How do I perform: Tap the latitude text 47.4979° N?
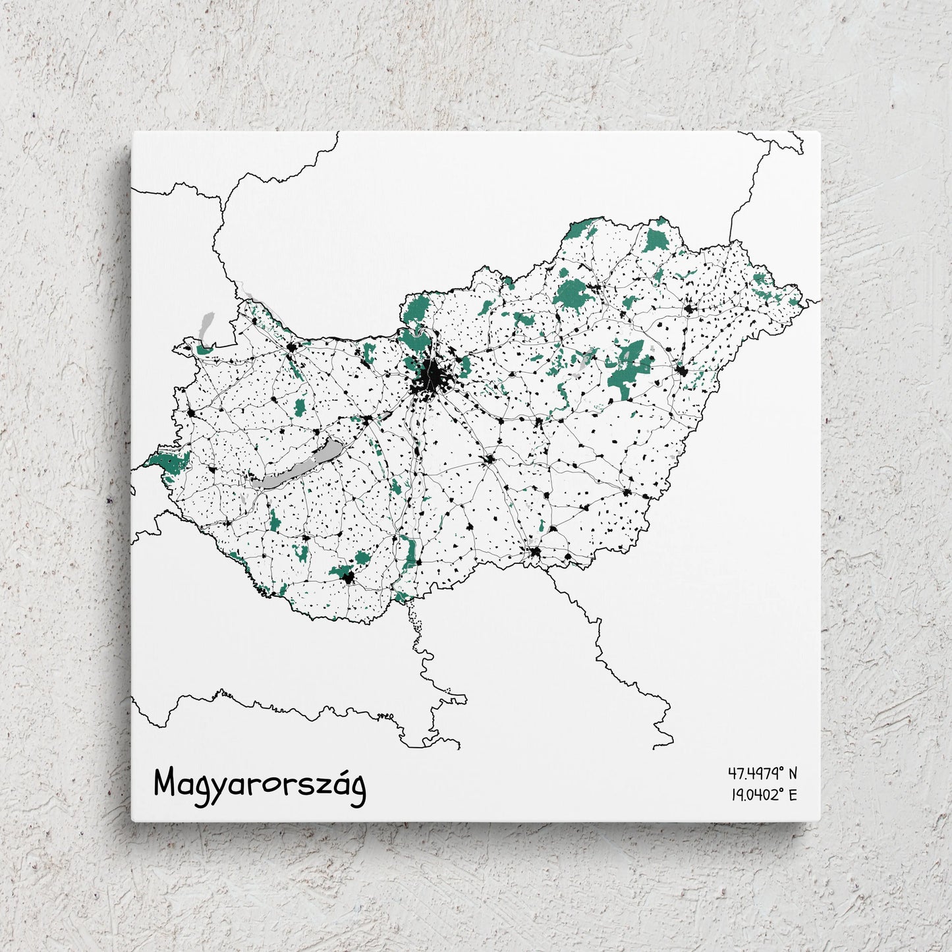(762, 772)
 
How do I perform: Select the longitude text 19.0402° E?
(764, 795)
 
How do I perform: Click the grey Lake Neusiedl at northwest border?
(205, 327)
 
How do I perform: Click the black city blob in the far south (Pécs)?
(348, 578)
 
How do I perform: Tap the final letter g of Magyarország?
(358, 789)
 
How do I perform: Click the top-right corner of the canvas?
(820, 132)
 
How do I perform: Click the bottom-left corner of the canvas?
(132, 821)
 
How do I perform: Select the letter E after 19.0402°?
(793, 795)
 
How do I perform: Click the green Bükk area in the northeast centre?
(572, 293)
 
